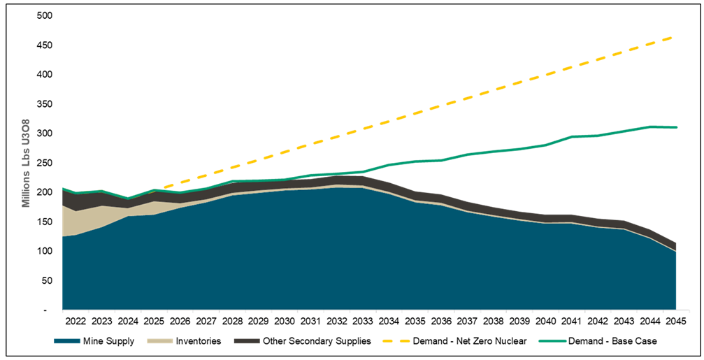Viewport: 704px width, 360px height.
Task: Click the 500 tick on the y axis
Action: [47, 15]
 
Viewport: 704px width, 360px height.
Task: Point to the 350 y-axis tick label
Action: [47, 104]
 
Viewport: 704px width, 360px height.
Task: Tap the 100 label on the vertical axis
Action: [47, 251]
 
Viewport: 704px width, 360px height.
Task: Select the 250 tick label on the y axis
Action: [47, 163]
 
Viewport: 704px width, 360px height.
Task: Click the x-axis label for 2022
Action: [75, 321]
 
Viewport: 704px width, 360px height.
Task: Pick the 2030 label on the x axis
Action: [283, 321]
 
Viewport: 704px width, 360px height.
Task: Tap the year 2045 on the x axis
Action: [674, 321]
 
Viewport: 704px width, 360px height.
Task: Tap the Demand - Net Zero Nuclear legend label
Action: [461, 341]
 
